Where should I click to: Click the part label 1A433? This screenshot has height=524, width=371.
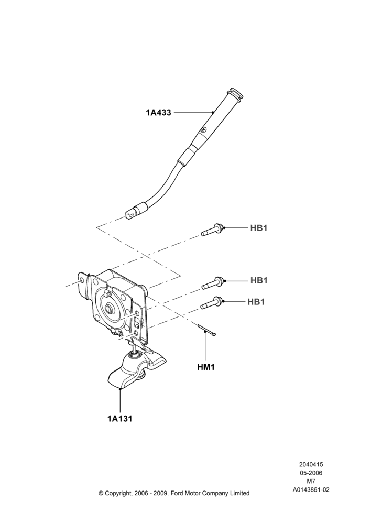pyautogui.click(x=158, y=113)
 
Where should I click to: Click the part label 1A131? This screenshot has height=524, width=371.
pyautogui.click(x=119, y=418)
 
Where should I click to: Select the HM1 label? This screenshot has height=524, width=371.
pyautogui.click(x=205, y=367)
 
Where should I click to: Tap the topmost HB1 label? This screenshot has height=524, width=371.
pyautogui.click(x=259, y=228)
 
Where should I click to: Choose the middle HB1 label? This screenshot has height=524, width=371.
pyautogui.click(x=259, y=280)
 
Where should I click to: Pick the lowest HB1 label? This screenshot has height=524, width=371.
pyautogui.click(x=256, y=301)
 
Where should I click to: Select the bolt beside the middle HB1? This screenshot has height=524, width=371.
pyautogui.click(x=213, y=283)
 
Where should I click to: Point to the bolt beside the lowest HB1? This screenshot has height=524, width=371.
pyautogui.click(x=212, y=303)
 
